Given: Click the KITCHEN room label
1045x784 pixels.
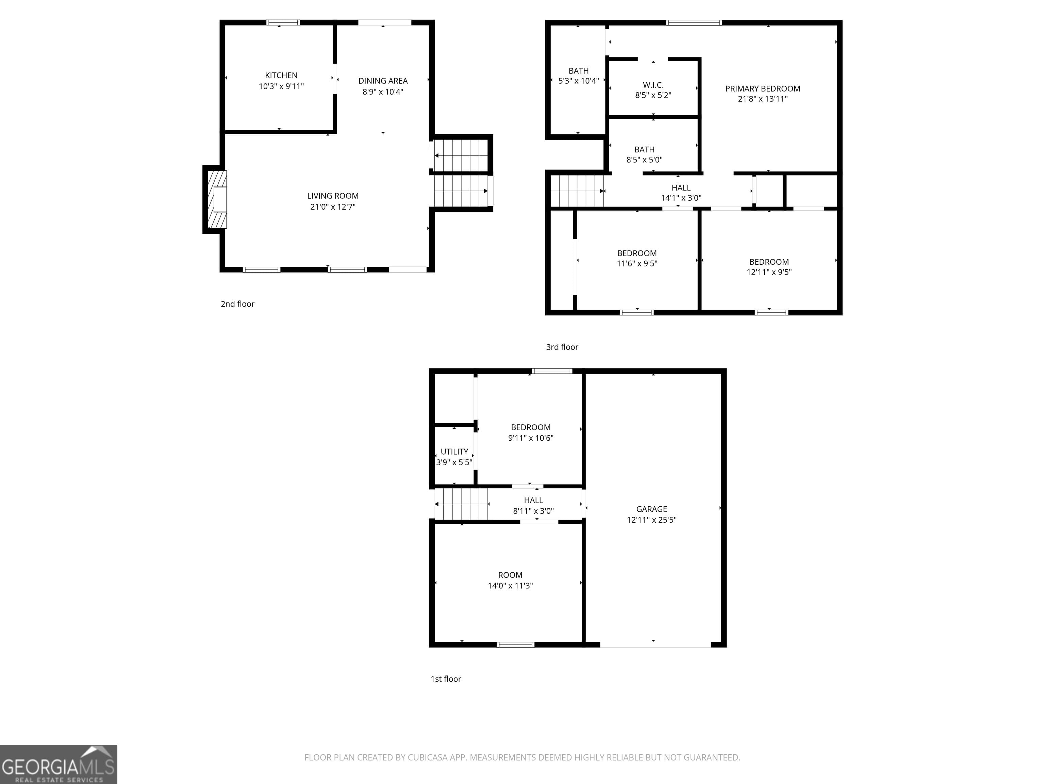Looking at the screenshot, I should (x=281, y=76).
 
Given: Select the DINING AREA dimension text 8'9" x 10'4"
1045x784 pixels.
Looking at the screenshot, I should (x=383, y=92).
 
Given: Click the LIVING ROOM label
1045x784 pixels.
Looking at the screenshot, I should (x=333, y=196).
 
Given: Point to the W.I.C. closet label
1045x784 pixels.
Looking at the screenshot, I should (x=653, y=85).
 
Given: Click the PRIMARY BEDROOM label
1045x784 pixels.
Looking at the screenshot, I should (x=763, y=89).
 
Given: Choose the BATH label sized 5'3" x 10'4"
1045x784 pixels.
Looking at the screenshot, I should (x=578, y=71).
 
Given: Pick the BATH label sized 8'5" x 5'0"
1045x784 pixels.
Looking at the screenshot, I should (x=644, y=149).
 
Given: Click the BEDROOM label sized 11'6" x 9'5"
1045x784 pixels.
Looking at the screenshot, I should (x=637, y=253).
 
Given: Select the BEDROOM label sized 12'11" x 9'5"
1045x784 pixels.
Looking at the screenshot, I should (x=769, y=262).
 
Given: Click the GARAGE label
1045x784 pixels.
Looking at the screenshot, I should (x=651, y=509).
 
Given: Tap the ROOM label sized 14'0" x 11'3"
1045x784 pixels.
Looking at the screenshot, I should (x=510, y=575).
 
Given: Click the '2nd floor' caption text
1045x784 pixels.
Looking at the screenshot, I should (x=237, y=304).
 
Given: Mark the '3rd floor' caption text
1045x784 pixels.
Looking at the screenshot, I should (x=562, y=347).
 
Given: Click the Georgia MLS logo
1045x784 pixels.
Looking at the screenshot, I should (x=58, y=764).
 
